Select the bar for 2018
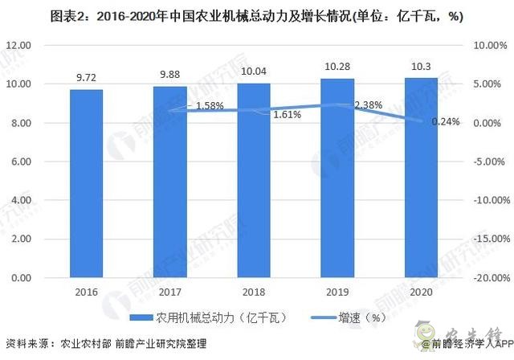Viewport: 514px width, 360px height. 254,180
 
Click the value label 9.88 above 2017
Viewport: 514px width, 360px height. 170,75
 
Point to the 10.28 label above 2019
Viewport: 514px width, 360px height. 338,67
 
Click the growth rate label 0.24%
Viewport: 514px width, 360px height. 445,122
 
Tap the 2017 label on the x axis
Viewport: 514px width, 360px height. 170,292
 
